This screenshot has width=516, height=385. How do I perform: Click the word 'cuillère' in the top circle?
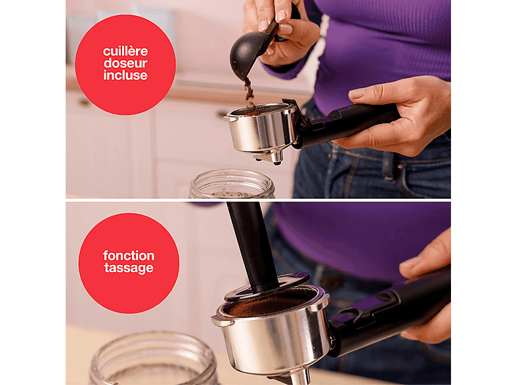125,52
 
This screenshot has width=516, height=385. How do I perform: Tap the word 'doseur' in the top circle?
125,63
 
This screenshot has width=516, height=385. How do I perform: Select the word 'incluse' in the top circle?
125,75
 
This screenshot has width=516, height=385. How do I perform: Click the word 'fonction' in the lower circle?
129,256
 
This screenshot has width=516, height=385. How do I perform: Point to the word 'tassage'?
129,268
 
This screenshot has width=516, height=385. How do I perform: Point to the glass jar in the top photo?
232,184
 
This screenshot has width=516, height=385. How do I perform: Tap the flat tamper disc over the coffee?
267,287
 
